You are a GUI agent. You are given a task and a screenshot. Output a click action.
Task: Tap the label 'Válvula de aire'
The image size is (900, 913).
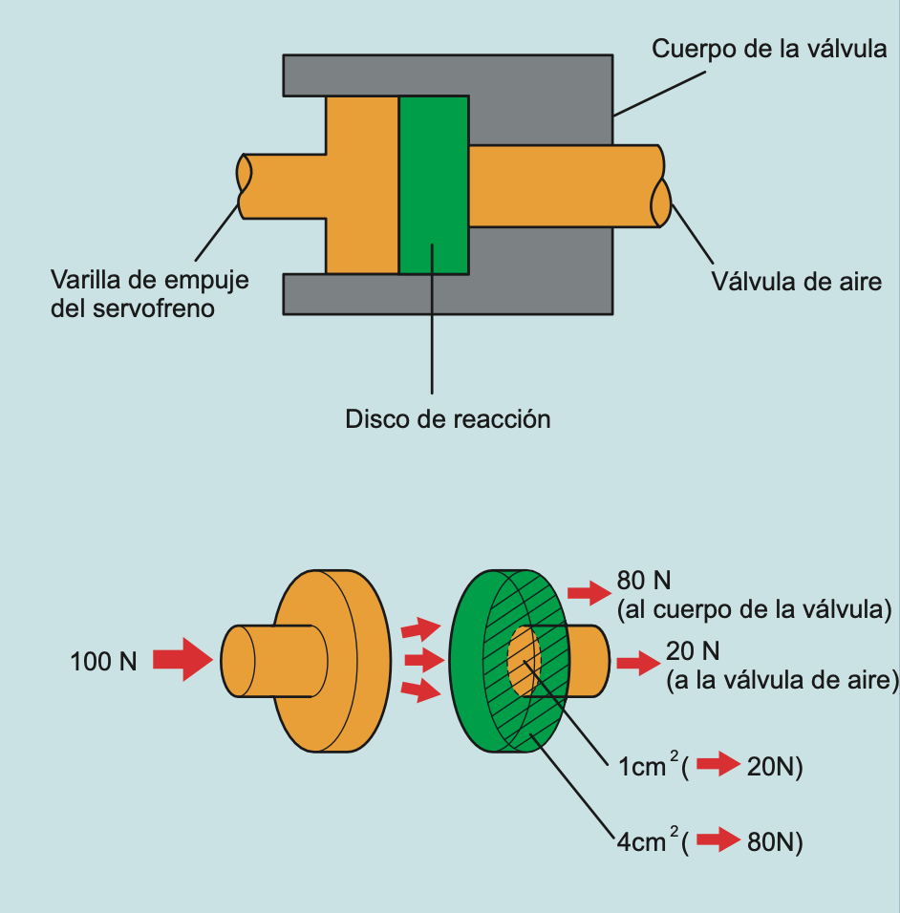click(x=796, y=281)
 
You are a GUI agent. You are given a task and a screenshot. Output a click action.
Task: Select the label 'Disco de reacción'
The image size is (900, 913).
click(x=448, y=418)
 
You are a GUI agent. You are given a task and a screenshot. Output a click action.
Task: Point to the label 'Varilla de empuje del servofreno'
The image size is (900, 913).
click(x=149, y=294)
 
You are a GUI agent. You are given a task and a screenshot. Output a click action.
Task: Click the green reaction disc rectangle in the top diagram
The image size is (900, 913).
click(x=434, y=183)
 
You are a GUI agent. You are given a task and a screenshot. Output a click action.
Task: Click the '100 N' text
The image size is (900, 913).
click(x=103, y=660)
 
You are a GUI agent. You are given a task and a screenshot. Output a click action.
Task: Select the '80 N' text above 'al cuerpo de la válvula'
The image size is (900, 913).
click(x=645, y=581)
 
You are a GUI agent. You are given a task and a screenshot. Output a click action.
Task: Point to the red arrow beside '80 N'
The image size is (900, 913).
click(x=589, y=592)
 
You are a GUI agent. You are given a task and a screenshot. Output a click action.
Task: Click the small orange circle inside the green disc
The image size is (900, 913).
click(x=524, y=660)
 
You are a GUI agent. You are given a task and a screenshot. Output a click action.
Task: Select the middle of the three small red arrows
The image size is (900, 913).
click(x=422, y=660)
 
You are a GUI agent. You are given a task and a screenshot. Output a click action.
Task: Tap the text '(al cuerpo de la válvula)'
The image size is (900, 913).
click(x=754, y=608)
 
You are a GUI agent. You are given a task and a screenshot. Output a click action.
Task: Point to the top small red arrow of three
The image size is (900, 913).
click(x=420, y=628)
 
